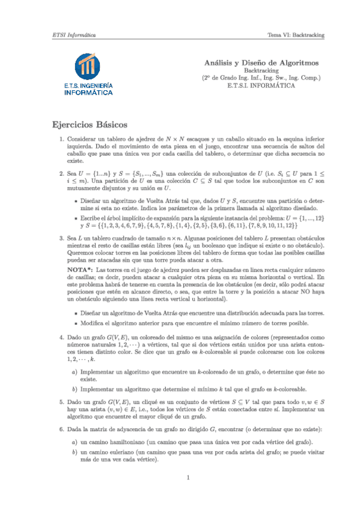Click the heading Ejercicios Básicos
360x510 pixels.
[90, 125]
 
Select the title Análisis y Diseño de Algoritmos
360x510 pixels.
[261, 62]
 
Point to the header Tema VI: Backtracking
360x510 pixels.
[296, 35]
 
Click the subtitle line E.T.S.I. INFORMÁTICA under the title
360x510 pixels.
[261, 85]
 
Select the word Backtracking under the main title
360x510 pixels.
[261, 70]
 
